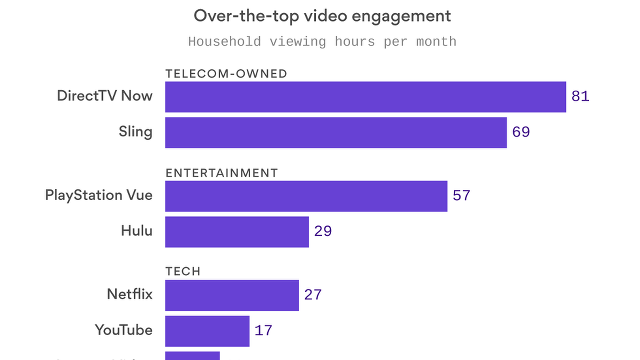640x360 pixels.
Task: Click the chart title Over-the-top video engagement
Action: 322,16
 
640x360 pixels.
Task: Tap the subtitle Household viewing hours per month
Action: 322,42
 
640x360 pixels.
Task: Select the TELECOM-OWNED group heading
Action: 226,74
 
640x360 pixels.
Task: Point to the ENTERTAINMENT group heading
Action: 222,173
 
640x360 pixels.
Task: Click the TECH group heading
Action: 183,271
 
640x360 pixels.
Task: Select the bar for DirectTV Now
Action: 365,97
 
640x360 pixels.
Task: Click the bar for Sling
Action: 336,132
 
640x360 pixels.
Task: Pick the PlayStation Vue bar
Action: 306,196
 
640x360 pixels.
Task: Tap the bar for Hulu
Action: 237,232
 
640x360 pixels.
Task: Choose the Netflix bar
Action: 232,295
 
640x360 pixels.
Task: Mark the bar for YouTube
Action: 207,331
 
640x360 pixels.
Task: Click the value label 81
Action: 580,96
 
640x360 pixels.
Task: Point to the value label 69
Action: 521,132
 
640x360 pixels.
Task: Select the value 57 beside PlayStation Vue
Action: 461,196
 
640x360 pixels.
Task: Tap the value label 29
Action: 323,231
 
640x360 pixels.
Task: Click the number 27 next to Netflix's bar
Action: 313,295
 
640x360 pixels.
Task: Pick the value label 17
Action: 263,331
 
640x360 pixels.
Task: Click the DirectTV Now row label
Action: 105,96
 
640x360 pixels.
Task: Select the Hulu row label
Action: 137,231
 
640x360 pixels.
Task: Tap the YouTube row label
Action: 124,330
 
